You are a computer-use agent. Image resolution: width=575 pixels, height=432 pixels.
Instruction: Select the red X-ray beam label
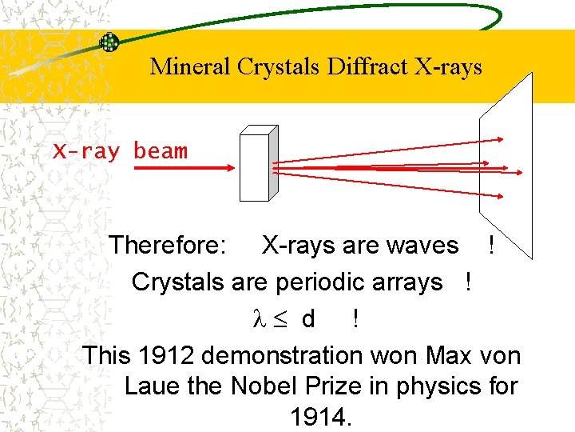point(120,151)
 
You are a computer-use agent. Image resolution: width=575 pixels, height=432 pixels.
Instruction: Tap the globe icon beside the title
point(109,43)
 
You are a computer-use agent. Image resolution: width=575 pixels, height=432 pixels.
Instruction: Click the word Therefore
point(167,245)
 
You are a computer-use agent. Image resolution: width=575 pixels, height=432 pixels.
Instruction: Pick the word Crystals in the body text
point(177,282)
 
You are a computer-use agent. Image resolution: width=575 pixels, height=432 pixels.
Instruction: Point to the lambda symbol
point(257,319)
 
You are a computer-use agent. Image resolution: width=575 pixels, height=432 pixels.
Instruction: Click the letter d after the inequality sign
point(308,319)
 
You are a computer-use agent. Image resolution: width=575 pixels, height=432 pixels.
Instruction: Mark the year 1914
point(319,417)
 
